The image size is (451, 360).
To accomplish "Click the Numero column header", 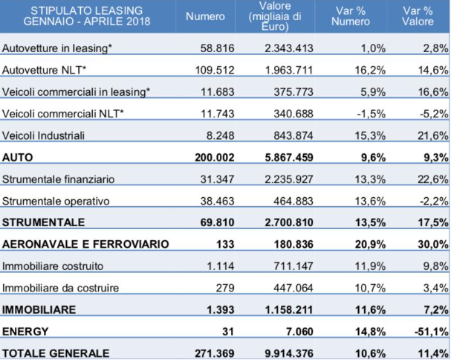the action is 205,16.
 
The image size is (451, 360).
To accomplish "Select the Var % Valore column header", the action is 418,16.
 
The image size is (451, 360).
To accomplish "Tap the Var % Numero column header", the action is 351,16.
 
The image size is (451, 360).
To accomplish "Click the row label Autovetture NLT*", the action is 45,70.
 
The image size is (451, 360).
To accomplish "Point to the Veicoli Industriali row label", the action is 43,135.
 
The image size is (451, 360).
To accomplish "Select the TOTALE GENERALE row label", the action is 56,353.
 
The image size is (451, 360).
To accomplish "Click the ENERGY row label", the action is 25,332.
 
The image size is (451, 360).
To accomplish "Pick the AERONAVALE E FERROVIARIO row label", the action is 85,244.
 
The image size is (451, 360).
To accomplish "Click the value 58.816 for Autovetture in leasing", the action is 218,48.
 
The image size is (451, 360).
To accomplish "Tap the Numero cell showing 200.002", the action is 215,158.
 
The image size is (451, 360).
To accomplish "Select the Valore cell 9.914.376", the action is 289,353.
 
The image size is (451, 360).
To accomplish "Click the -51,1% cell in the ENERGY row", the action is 431,332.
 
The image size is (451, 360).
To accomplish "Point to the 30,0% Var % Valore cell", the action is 433,244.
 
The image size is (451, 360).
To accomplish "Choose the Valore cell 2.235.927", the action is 289,179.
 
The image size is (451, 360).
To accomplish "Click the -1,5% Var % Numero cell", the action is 371,114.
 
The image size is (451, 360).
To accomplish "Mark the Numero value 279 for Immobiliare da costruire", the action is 225,288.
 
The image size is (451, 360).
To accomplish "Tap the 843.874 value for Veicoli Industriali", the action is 293,135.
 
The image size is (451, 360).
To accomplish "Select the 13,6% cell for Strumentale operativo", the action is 370,201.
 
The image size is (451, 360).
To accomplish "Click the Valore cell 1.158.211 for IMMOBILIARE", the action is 289,309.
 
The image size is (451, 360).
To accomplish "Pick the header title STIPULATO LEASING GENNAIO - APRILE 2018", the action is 87,16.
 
